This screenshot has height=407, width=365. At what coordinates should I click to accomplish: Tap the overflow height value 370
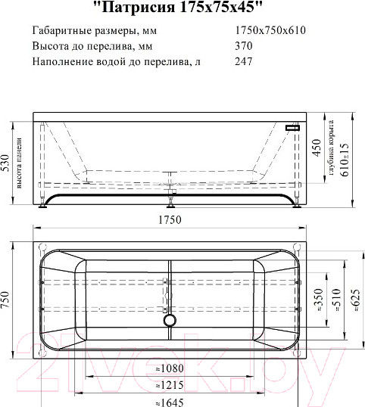[x=245, y=46]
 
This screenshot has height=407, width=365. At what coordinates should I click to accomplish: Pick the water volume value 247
[x=245, y=61]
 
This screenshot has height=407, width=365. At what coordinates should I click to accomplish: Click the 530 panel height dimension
[x=6, y=162]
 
